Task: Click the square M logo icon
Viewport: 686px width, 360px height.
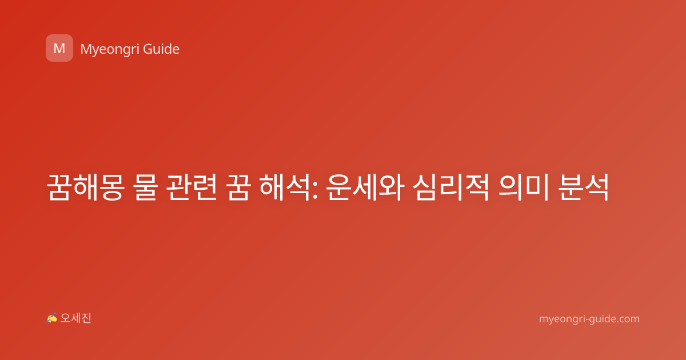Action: tap(59, 48)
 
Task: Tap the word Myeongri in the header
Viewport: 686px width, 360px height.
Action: tap(109, 50)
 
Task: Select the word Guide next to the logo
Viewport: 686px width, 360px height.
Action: tap(161, 49)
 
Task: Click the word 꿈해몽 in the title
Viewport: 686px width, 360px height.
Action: tap(86, 187)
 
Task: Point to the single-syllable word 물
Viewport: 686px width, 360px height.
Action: tap(146, 187)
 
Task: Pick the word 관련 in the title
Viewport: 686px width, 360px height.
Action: tap(192, 187)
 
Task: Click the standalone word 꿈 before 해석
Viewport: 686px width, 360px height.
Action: tap(238, 187)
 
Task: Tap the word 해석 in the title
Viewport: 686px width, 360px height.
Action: tap(285, 187)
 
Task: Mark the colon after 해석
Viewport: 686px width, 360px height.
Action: tap(314, 191)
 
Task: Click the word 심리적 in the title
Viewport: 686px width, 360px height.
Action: tap(450, 187)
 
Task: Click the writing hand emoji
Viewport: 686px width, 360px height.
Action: tap(51, 318)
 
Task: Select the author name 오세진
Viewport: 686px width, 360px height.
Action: tap(75, 318)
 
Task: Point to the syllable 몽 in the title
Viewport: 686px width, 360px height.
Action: tap(112, 187)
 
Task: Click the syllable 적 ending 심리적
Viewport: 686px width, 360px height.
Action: tap(477, 187)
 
